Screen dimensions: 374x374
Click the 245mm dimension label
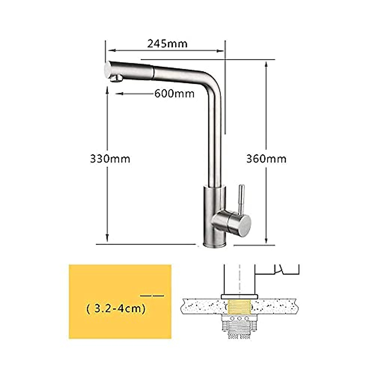point(167,43)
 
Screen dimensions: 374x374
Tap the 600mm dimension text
point(174,93)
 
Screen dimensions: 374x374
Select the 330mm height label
point(110,159)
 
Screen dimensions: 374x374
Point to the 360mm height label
point(266,159)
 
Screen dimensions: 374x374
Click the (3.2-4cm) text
point(116,309)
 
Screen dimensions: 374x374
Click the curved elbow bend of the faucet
point(212,84)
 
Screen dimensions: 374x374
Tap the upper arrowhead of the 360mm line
point(266,64)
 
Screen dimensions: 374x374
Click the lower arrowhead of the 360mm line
point(266,240)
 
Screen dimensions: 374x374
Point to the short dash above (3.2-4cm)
point(152,295)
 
